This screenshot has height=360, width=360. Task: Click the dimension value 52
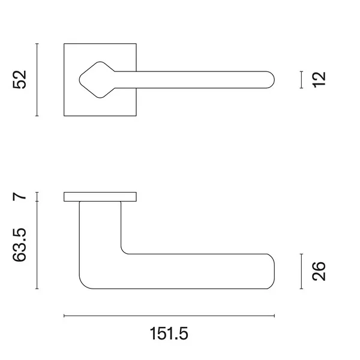[20, 79]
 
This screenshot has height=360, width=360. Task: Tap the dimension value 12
[319, 79]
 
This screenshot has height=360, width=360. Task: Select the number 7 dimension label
[20, 197]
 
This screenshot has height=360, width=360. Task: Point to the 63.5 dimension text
[20, 245]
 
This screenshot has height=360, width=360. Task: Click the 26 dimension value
[319, 271]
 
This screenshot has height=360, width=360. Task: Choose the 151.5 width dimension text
[169, 334]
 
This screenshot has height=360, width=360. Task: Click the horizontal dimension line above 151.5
[169, 316]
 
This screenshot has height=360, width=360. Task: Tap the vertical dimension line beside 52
[37, 80]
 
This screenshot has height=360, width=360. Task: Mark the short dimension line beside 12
[301, 80]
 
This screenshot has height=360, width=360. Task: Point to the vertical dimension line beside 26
[301, 271]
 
